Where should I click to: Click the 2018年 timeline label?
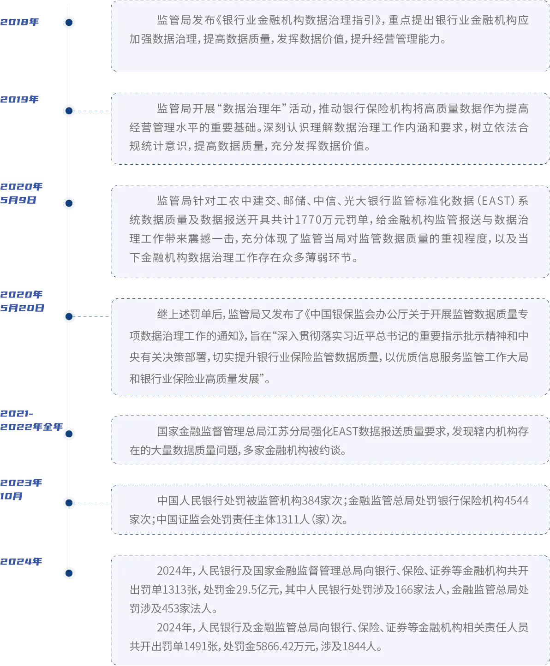point(19,21)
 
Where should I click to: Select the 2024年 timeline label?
point(21,562)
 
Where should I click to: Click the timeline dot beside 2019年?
point(69,111)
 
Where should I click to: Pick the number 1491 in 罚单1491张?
point(195,646)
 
